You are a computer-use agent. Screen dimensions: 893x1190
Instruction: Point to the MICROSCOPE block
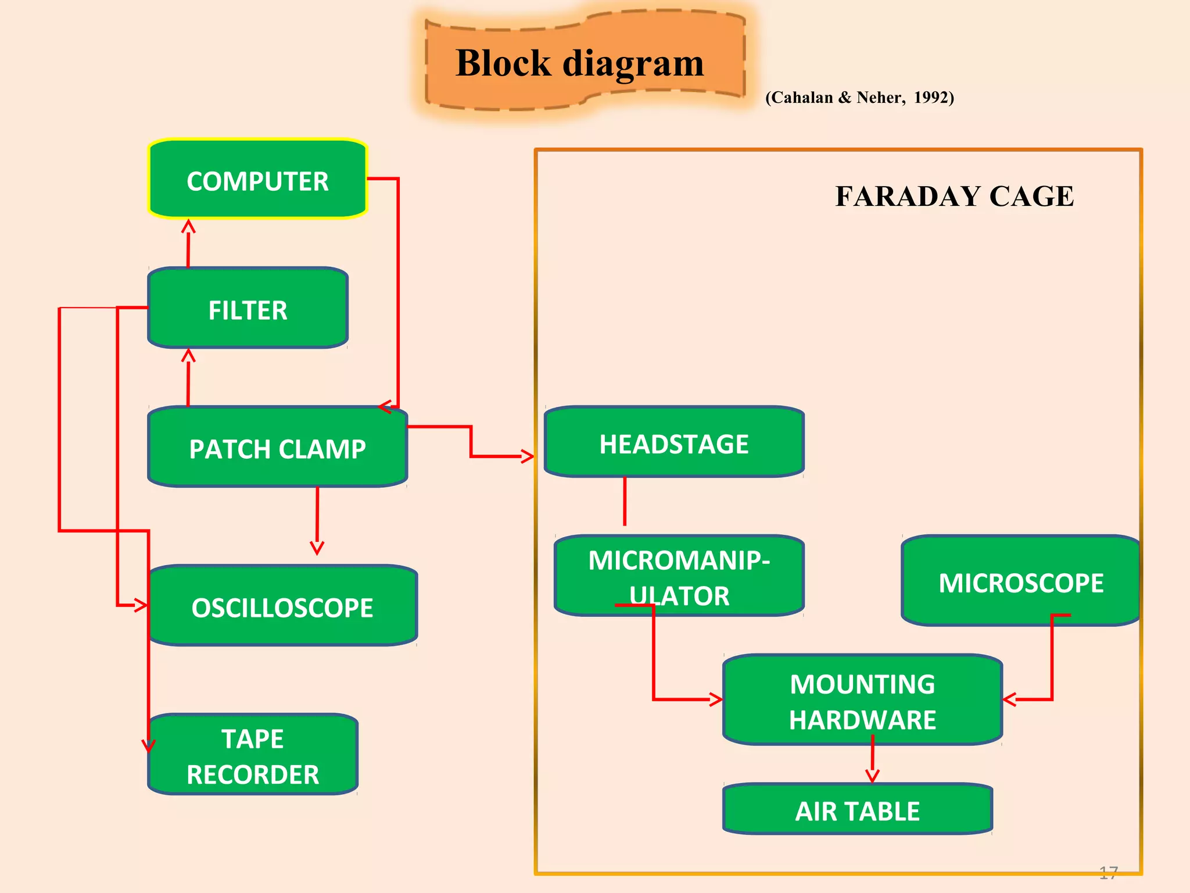(x=1020, y=581)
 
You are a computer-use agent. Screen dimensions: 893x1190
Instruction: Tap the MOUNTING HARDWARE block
(x=862, y=700)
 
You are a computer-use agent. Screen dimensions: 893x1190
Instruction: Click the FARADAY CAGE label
(x=954, y=196)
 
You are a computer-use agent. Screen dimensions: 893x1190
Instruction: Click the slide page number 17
(x=1108, y=872)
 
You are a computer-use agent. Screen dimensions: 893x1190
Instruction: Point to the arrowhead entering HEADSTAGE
(x=528, y=456)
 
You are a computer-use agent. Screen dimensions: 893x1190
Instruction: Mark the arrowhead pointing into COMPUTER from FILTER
(x=188, y=226)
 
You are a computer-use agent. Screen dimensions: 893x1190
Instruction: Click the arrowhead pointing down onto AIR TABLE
(x=872, y=776)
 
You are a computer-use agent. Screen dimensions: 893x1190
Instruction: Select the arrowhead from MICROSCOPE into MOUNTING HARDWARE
(x=1009, y=699)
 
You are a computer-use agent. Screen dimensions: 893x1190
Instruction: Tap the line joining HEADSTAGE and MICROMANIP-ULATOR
(x=625, y=501)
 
